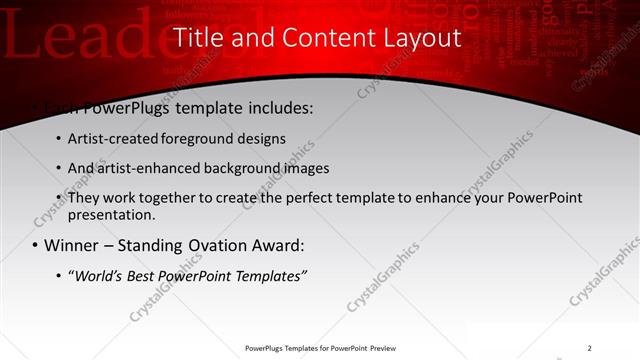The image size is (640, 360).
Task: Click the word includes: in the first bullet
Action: (273, 106)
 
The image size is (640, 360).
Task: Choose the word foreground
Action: (195, 138)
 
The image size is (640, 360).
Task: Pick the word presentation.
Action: (110, 214)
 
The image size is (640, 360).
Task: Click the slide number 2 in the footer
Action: (589, 348)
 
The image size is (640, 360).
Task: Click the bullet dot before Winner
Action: (35, 246)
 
